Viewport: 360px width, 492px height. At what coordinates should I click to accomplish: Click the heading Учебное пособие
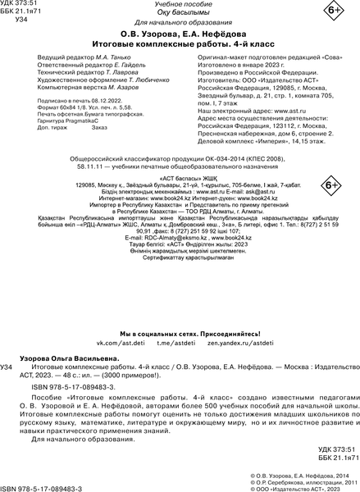tap(180, 6)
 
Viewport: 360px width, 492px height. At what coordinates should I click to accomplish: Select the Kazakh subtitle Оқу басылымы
tap(180, 16)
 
